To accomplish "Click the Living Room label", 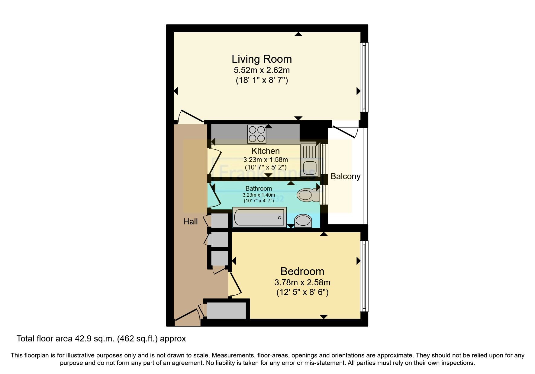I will click(262, 59).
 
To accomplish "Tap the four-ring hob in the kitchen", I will click(257, 134).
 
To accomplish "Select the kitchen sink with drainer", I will click(309, 160).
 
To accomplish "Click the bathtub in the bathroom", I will click(259, 217).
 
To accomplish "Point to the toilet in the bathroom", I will click(308, 195).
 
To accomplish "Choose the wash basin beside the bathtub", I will click(303, 221).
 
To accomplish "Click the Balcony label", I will click(345, 176).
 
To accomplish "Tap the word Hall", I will click(190, 222).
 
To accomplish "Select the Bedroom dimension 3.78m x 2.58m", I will click(302, 283).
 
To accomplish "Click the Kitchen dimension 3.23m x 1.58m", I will click(265, 160).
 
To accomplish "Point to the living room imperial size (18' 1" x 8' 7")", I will click(262, 80).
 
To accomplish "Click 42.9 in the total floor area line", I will click(82, 339).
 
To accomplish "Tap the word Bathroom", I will click(259, 189).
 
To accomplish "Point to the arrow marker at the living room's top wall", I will click(298, 34).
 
